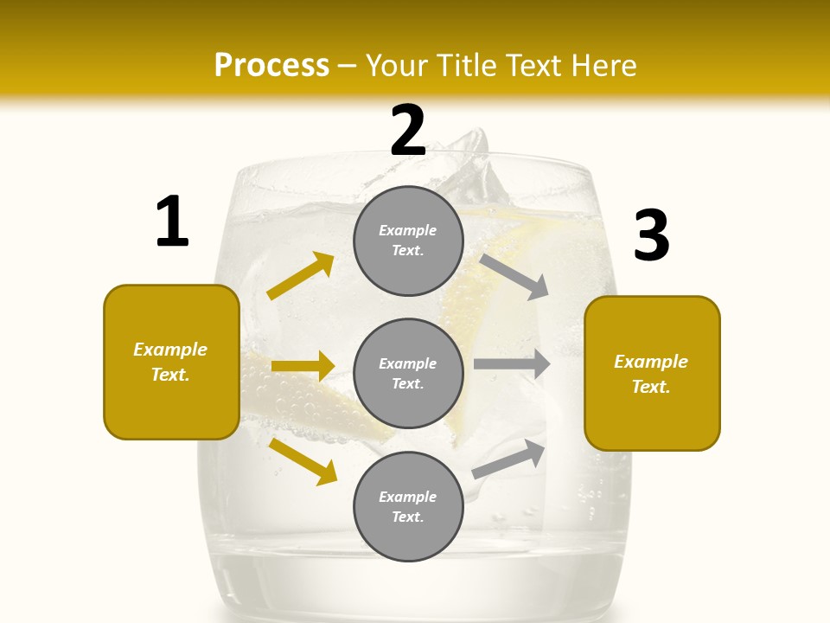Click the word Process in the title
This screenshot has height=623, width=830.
271,65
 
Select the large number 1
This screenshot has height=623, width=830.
172,222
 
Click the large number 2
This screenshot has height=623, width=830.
408,131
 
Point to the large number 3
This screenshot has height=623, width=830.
652,236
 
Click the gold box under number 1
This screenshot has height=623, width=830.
171,362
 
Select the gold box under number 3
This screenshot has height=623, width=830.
652,373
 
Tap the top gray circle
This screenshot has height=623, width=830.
408,241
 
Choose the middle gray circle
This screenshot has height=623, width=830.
408,373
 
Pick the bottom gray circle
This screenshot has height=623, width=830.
408,506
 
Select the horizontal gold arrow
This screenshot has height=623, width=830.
303,366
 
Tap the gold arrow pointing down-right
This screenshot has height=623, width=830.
303,461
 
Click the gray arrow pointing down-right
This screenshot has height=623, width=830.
514,277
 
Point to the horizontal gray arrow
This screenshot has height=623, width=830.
512,364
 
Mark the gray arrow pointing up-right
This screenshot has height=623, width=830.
509,459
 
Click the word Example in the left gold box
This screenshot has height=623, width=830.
170,350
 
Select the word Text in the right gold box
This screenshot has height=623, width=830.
650,387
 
